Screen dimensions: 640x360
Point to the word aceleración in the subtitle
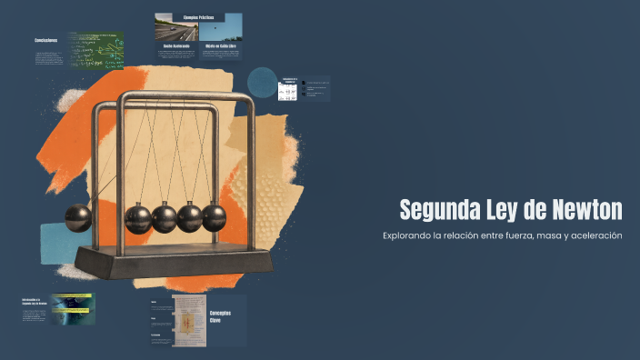595,236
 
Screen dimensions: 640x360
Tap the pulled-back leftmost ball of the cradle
78,218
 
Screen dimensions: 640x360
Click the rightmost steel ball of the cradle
214,217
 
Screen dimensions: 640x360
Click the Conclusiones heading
46,40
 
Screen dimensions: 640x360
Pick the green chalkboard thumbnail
95,52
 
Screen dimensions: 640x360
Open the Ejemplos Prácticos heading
197,17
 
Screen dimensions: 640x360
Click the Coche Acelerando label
175,45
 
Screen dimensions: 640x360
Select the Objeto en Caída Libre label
220,45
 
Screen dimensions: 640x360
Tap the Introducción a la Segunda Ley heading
35,301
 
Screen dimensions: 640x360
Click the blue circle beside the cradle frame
263,83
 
